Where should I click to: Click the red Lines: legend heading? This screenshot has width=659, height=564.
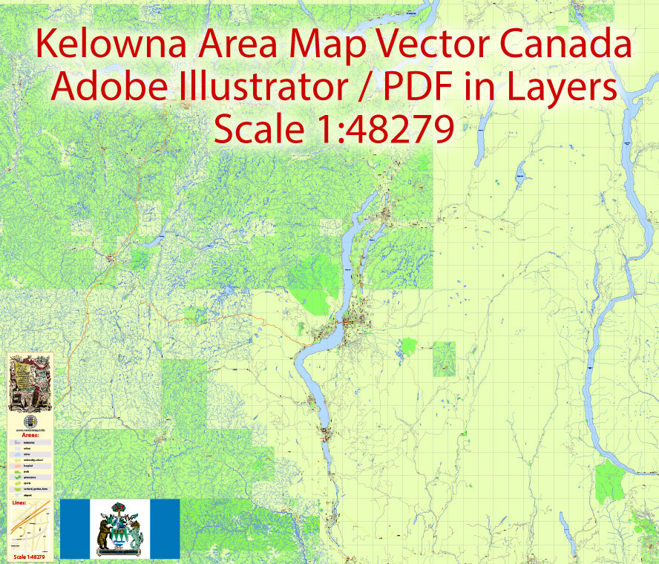pyautogui.click(x=20, y=502)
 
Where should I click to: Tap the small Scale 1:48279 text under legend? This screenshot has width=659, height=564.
pyautogui.click(x=29, y=557)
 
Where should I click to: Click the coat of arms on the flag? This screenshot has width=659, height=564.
pyautogui.click(x=119, y=528)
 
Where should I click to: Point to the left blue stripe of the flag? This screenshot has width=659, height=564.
pyautogui.click(x=75, y=528)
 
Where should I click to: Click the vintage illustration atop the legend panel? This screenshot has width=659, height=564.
pyautogui.click(x=30, y=382)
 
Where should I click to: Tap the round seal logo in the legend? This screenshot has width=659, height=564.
pyautogui.click(x=30, y=420)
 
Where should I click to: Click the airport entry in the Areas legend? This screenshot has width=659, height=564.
pyautogui.click(x=30, y=495)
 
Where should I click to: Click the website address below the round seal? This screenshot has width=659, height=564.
pyautogui.click(x=30, y=429)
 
